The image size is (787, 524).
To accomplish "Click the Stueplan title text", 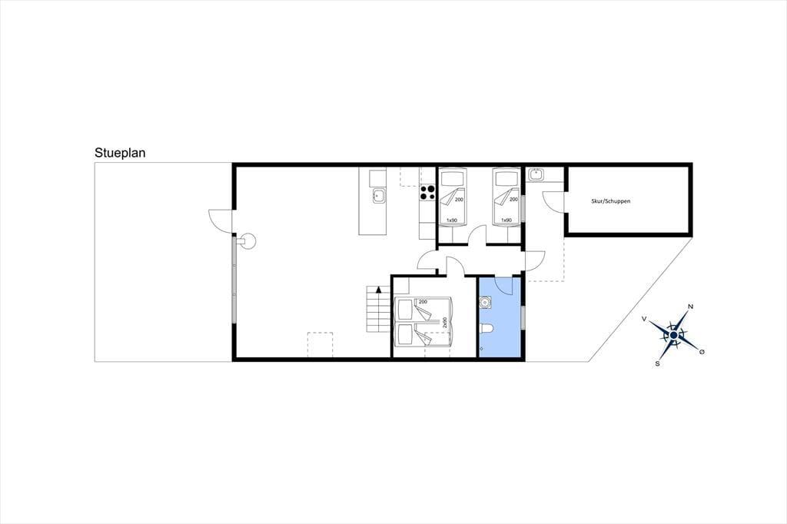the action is [x=120, y=153].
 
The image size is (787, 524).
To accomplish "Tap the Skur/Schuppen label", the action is [x=610, y=201].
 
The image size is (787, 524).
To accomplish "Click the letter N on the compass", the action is [x=691, y=307].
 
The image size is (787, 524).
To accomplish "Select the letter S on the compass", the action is [x=658, y=364].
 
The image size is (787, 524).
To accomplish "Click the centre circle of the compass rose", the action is [x=673, y=335].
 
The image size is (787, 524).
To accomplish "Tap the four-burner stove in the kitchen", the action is [x=427, y=193].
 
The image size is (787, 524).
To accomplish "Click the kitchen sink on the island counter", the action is [x=379, y=196].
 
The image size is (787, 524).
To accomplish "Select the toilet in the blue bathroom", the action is [x=486, y=329].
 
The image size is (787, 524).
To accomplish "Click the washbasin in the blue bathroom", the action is [x=486, y=302].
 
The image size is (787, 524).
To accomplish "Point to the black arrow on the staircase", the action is [x=379, y=289].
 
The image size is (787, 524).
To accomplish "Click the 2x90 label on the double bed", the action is [x=445, y=322].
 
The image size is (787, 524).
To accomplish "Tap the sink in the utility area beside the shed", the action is [x=536, y=174].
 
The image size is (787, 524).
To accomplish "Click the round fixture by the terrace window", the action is [x=248, y=241].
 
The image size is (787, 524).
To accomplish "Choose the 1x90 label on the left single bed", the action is [x=452, y=221].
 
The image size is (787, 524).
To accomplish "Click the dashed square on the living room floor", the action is [x=320, y=345].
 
